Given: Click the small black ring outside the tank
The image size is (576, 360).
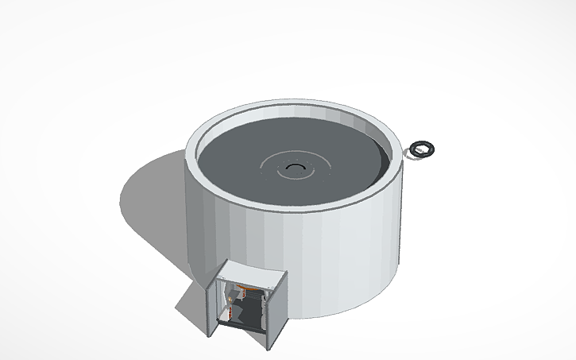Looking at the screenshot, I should (423, 148).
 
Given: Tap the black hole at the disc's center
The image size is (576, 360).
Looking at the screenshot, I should (296, 167).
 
